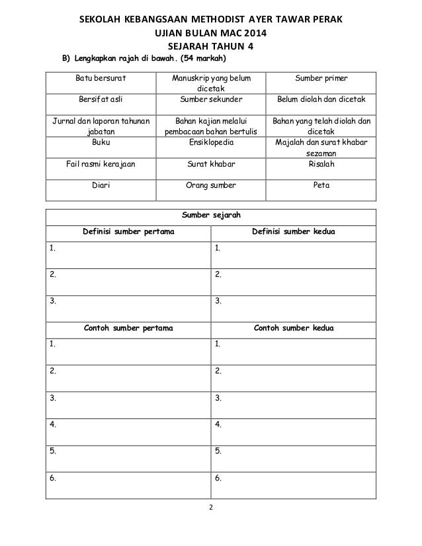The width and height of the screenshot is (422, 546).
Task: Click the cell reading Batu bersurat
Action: coord(101,79)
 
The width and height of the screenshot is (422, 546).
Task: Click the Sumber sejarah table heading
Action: coord(211,215)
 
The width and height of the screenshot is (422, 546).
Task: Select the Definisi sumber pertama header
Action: coord(128,231)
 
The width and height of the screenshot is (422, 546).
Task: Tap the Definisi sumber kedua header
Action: coord(293,231)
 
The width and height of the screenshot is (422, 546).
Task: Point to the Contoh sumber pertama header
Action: coord(128,327)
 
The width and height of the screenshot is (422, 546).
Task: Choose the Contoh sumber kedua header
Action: coord(293,327)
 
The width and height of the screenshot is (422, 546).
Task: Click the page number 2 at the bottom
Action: coord(210,508)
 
